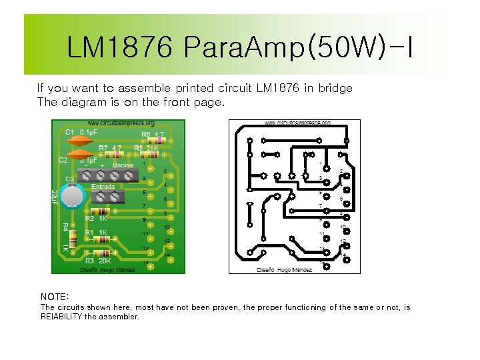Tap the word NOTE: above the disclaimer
55,296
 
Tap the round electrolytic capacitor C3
71,196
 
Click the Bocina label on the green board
123,165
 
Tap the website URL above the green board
121,123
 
